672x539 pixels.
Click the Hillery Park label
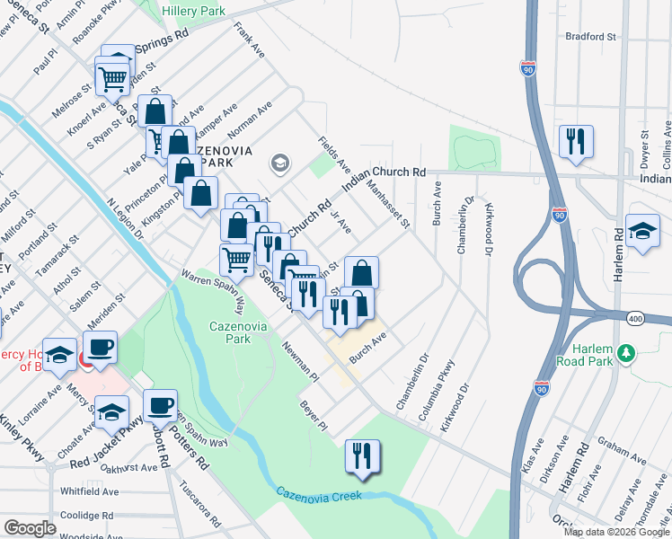pyautogui.click(x=194, y=12)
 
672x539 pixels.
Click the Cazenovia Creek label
pyautogui.click(x=319, y=493)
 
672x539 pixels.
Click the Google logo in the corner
pyautogui.click(x=29, y=527)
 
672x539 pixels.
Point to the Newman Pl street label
pyautogui.click(x=300, y=358)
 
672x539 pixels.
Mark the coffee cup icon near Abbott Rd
pyautogui.click(x=161, y=405)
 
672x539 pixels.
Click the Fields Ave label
pyautogui.click(x=335, y=155)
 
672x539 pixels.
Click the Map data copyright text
pyautogui.click(x=615, y=532)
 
